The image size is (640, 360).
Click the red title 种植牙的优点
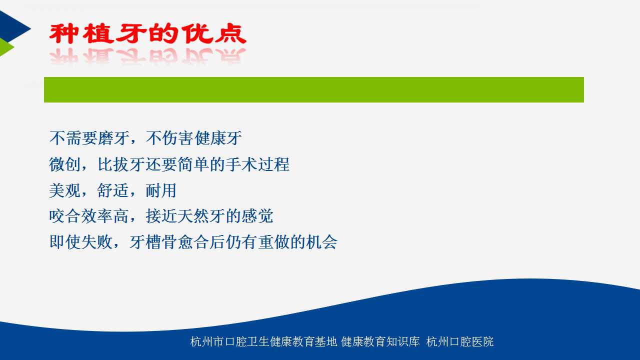click(x=147, y=33)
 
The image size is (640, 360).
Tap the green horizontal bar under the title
click(x=313, y=89)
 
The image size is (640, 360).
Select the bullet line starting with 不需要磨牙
click(x=145, y=138)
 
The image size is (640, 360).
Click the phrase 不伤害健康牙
click(x=193, y=138)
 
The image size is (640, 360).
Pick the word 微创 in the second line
click(x=65, y=164)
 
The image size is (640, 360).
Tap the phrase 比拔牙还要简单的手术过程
click(x=193, y=164)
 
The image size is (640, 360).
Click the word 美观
click(x=65, y=190)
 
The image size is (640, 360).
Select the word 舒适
click(x=113, y=190)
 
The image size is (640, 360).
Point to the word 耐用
click(x=161, y=190)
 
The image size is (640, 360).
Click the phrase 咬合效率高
click(x=89, y=216)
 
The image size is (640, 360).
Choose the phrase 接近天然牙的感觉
click(x=209, y=216)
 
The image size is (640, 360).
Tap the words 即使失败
click(x=81, y=242)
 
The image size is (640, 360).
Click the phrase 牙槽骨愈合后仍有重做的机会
click(x=233, y=242)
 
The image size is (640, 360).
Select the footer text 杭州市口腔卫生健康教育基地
click(x=263, y=341)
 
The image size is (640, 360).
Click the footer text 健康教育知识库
click(x=380, y=341)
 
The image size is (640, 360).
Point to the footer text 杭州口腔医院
click(x=460, y=341)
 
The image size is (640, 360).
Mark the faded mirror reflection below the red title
click(x=147, y=55)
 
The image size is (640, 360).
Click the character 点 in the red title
click(x=231, y=33)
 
